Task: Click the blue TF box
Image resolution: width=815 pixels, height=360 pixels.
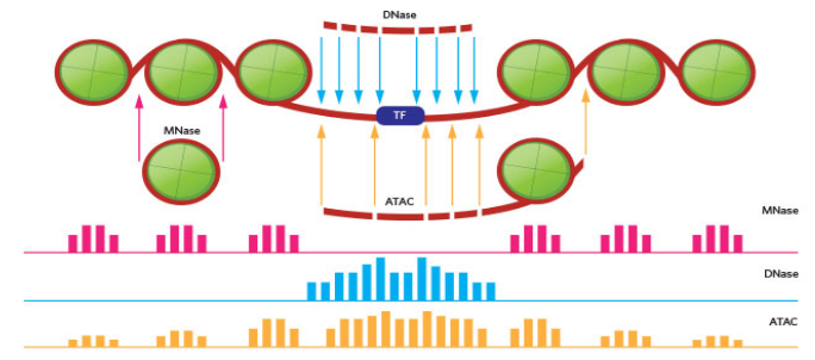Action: pos(400,115)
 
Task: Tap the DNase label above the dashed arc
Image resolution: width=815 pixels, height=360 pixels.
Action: pos(399,15)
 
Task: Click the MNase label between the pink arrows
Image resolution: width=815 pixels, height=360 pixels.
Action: pos(182,131)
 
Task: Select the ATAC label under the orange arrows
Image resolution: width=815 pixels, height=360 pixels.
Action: pos(399,201)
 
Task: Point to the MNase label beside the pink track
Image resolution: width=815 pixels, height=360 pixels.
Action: pos(780,210)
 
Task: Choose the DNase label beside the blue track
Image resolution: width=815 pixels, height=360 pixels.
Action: pos(781,274)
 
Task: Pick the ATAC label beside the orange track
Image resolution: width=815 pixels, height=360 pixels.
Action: pos(783,322)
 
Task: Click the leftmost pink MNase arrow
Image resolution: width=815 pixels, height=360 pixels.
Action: pos(139,128)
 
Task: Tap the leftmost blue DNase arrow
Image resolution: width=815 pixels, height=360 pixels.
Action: pos(321,70)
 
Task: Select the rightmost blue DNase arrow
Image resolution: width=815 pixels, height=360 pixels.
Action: pos(474,70)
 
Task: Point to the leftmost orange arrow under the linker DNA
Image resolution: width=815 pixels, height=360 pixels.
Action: pos(321,165)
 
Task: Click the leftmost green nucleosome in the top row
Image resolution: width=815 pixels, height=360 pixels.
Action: pos(93,73)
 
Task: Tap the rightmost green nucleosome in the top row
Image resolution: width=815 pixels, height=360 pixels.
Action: pos(716,73)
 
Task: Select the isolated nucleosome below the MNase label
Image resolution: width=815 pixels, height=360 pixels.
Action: pos(181,172)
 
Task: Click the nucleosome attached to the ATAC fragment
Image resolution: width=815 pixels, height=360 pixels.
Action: pos(535,170)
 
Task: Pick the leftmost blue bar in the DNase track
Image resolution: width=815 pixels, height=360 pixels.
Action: pos(311,291)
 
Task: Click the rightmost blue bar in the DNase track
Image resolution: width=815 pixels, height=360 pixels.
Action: pos(491,291)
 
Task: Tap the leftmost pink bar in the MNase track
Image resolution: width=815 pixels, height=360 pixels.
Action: pos(73,243)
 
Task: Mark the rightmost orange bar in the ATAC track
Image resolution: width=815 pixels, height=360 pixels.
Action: pos(738,343)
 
